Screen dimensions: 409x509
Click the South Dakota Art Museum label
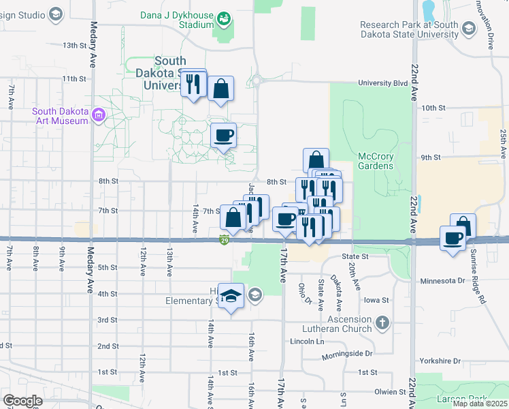(61, 116)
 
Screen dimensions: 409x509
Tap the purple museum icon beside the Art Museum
(99, 116)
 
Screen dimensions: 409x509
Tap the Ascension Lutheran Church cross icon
(382, 322)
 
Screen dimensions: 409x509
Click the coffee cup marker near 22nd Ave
(453, 239)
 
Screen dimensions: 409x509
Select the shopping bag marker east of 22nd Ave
(463, 226)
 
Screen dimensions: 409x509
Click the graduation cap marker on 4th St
(231, 296)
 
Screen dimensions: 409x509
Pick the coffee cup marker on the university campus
(223, 136)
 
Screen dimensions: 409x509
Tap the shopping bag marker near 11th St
(221, 89)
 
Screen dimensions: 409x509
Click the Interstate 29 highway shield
(224, 239)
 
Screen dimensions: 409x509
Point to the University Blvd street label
(383, 83)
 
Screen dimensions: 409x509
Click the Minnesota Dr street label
(442, 280)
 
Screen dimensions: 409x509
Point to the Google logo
(22, 400)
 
